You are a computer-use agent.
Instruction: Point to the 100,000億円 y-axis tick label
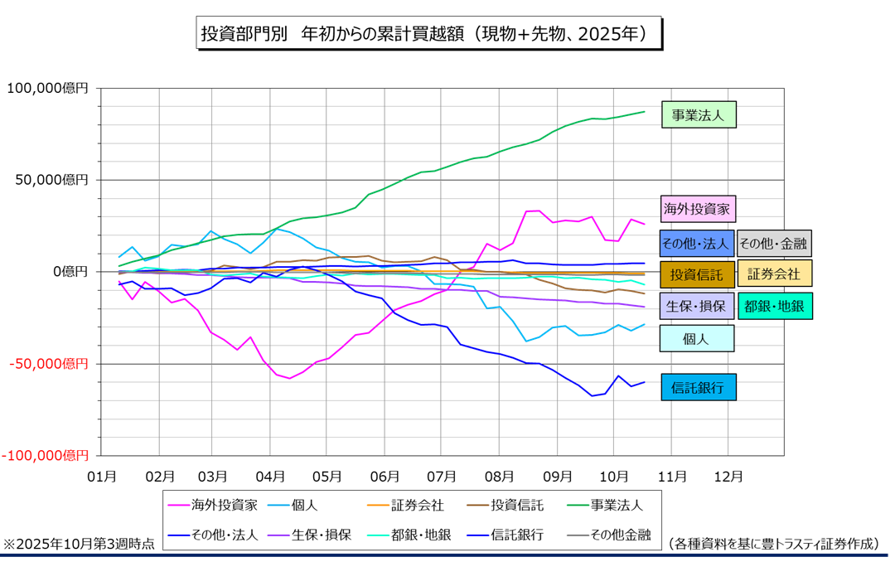46,88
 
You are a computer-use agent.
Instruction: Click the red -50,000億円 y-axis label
46,364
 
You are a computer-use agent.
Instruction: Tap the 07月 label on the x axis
445,477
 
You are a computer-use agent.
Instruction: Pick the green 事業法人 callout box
699,115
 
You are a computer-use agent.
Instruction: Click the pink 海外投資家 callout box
699,208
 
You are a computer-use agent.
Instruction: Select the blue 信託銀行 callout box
698,387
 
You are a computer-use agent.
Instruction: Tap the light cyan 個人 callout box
696,338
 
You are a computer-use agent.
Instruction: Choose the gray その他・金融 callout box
774,244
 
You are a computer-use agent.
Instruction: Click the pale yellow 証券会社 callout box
774,274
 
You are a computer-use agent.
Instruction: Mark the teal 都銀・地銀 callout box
774,306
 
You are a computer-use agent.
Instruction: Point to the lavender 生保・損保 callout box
697,306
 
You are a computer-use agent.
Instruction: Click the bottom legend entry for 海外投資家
213,504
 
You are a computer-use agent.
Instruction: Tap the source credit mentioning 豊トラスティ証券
773,544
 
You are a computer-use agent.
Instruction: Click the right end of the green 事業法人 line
644,111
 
